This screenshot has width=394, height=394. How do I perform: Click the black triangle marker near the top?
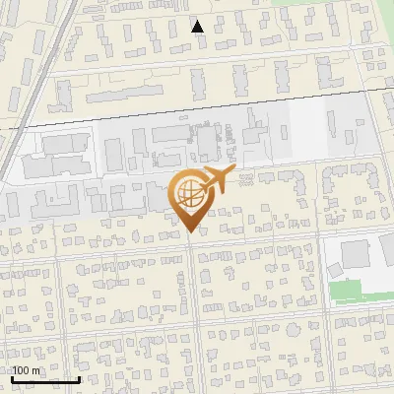pos(198,27)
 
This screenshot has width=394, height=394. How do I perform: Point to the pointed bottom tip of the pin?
pos(190,232)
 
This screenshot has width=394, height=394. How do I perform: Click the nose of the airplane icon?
pos(232,171)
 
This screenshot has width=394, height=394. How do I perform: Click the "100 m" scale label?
pos(27,370)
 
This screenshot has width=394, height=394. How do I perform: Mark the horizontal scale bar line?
pos(45,379)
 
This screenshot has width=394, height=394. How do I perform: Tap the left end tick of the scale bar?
pos(13,377)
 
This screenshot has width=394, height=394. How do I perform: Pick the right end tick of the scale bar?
pos(79,377)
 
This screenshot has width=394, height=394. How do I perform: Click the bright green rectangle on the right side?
pos(346,292)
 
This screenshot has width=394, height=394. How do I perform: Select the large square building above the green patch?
pos(357,256)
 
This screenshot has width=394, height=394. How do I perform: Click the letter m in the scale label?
pos(36,370)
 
